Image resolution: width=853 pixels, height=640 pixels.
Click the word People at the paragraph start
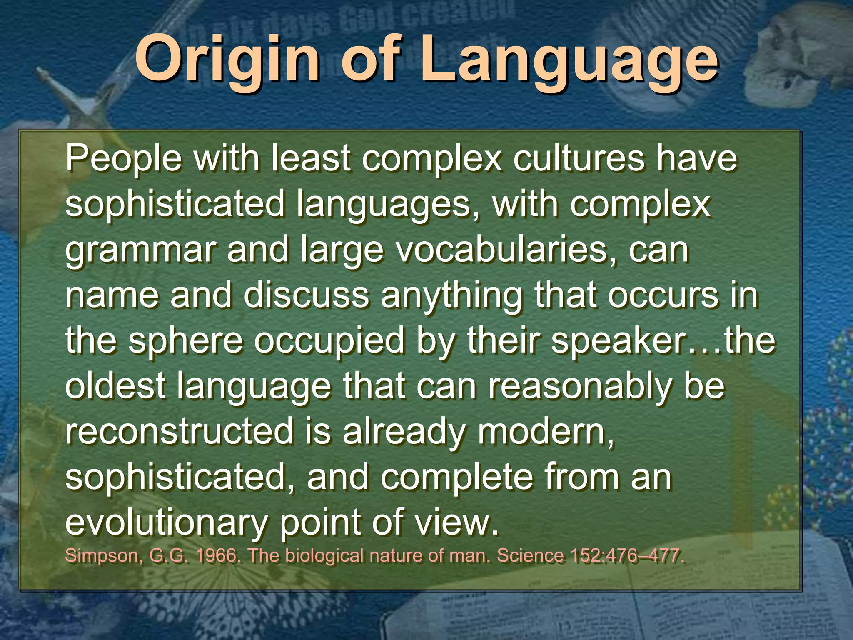(x=123, y=159)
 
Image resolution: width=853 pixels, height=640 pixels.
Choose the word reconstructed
(x=180, y=431)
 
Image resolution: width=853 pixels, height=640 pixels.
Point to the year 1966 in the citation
(x=217, y=556)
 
